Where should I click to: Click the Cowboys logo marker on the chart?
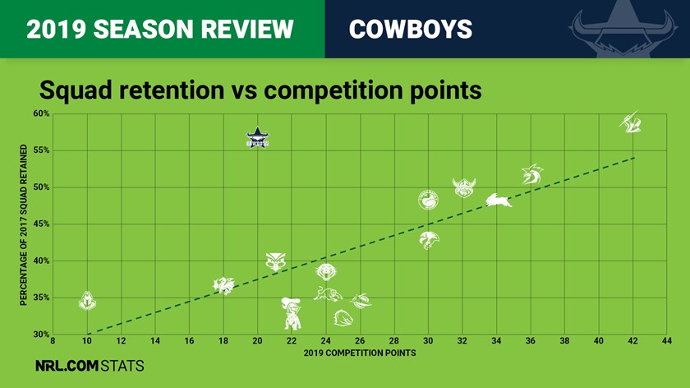257,138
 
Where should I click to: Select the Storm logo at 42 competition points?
631,122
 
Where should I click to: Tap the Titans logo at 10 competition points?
87,301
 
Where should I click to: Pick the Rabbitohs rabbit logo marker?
499,201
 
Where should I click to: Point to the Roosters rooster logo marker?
532,174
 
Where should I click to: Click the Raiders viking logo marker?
464,188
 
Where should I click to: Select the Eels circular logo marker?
428,200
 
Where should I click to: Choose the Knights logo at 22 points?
292,313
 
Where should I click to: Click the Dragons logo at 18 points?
223,285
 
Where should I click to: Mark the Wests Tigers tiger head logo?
326,272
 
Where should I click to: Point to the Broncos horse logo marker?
343,317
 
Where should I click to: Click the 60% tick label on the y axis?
41,113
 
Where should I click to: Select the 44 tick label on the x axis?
667,341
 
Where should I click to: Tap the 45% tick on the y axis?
41,224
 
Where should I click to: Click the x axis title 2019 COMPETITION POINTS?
360,353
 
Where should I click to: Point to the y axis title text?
23,224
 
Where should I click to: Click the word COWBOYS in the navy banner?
411,29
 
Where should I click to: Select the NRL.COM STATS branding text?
90,366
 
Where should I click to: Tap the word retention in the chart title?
172,90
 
